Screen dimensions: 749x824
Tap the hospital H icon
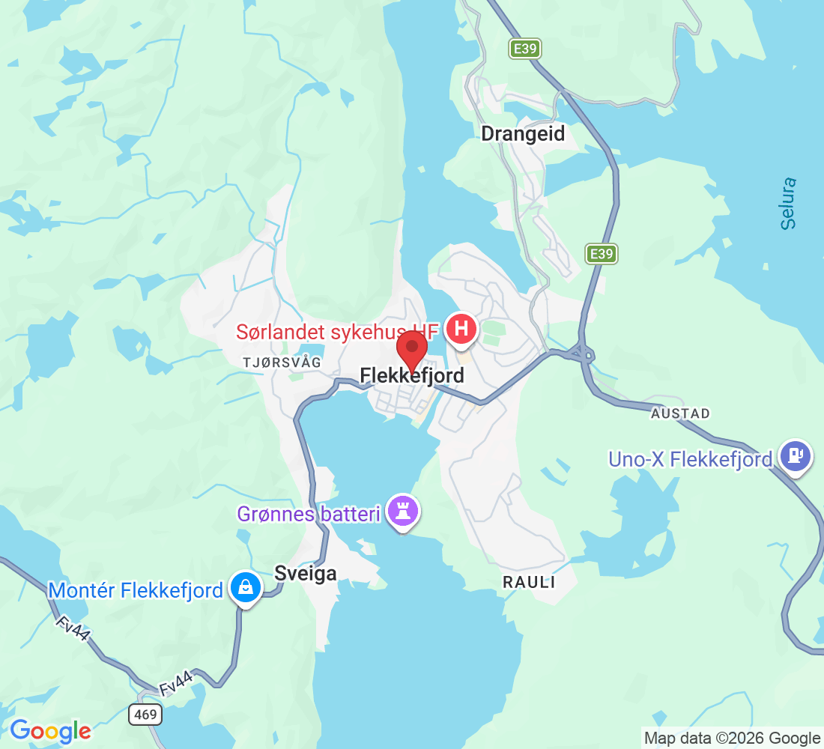click(462, 329)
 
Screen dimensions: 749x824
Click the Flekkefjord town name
click(412, 374)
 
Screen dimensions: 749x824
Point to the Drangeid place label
click(523, 134)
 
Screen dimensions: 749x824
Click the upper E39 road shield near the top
click(524, 49)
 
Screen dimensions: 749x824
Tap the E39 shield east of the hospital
click(601, 254)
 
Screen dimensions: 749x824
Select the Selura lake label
click(787, 203)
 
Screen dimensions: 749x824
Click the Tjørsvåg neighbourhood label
click(282, 363)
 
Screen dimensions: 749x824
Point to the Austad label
click(680, 413)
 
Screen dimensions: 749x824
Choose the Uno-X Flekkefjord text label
click(690, 459)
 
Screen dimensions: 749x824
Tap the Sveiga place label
click(306, 573)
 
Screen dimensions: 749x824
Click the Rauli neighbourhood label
click(529, 582)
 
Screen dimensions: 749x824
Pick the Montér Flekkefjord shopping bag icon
click(244, 586)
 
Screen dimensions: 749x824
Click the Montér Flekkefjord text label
click(136, 590)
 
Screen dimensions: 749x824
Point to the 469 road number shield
click(145, 715)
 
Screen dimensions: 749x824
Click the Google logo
click(50, 731)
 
